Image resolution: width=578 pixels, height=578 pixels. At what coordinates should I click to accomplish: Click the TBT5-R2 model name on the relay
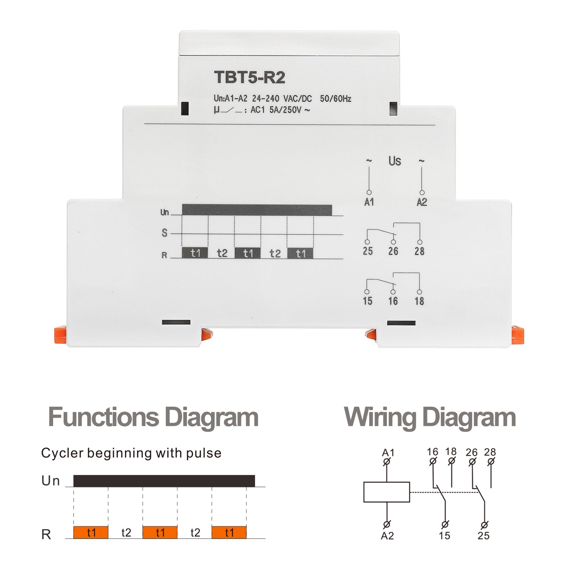(250, 77)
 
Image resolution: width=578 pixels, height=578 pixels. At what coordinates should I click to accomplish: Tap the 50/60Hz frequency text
(336, 99)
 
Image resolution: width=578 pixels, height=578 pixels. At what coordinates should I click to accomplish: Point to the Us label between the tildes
(395, 161)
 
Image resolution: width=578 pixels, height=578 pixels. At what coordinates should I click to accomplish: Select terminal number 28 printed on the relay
(419, 251)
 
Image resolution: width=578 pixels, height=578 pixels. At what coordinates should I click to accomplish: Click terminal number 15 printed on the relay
(368, 301)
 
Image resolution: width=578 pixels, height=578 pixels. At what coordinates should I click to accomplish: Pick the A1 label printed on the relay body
(369, 202)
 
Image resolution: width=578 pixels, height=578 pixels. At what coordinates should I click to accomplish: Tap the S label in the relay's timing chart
(165, 233)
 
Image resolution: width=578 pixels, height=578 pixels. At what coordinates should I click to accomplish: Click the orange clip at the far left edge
(60, 335)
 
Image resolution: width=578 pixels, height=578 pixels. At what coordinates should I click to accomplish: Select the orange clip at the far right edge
(518, 335)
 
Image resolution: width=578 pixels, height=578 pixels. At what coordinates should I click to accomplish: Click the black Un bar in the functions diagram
(164, 481)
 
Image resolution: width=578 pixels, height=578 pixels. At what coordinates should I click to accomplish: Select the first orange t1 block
(91, 532)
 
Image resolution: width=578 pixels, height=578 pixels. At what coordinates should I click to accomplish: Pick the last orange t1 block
(229, 532)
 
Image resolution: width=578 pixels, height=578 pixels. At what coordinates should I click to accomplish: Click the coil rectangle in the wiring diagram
(387, 492)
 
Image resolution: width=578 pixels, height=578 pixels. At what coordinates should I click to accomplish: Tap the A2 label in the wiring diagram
(387, 536)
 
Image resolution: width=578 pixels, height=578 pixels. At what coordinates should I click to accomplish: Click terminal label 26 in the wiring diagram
(471, 452)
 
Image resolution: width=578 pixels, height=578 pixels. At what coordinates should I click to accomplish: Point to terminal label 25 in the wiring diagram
(483, 536)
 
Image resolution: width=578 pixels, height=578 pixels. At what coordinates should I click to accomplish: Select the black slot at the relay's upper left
(185, 108)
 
